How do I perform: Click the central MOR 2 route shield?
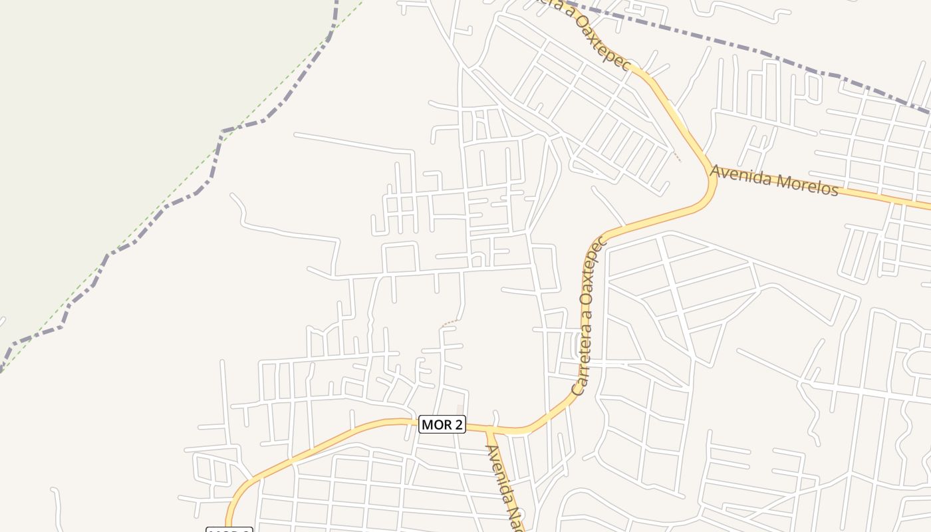442,424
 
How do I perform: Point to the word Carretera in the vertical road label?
581,362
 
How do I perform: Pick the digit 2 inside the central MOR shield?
457,424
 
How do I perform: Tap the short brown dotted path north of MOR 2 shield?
450,323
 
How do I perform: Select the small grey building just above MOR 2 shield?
460,408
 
